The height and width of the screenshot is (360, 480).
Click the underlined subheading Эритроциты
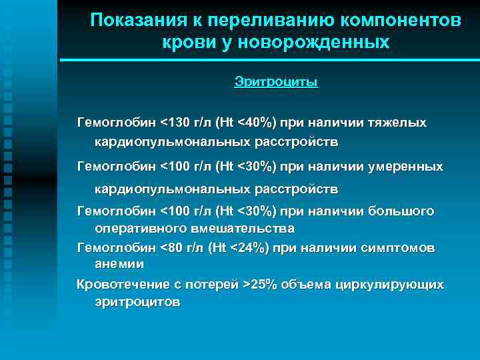click(276, 82)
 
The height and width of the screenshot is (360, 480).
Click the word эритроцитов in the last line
click(137, 301)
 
